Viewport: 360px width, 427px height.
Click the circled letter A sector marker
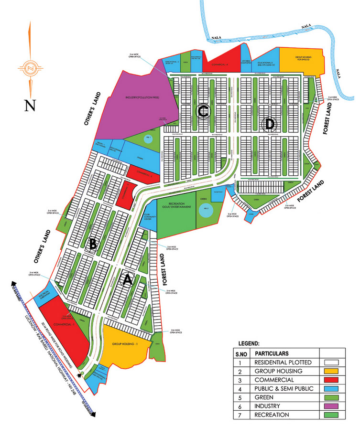(x=127, y=280)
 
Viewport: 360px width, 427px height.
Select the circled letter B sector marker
(x=93, y=244)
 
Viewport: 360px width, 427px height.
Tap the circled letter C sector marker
(x=203, y=112)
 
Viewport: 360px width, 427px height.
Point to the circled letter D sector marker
(x=270, y=124)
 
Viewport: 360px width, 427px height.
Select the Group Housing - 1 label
(x=125, y=343)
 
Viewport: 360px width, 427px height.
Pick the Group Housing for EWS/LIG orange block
(x=299, y=59)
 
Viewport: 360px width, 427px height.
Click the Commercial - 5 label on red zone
(x=65, y=324)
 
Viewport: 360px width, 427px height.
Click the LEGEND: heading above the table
(x=251, y=343)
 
